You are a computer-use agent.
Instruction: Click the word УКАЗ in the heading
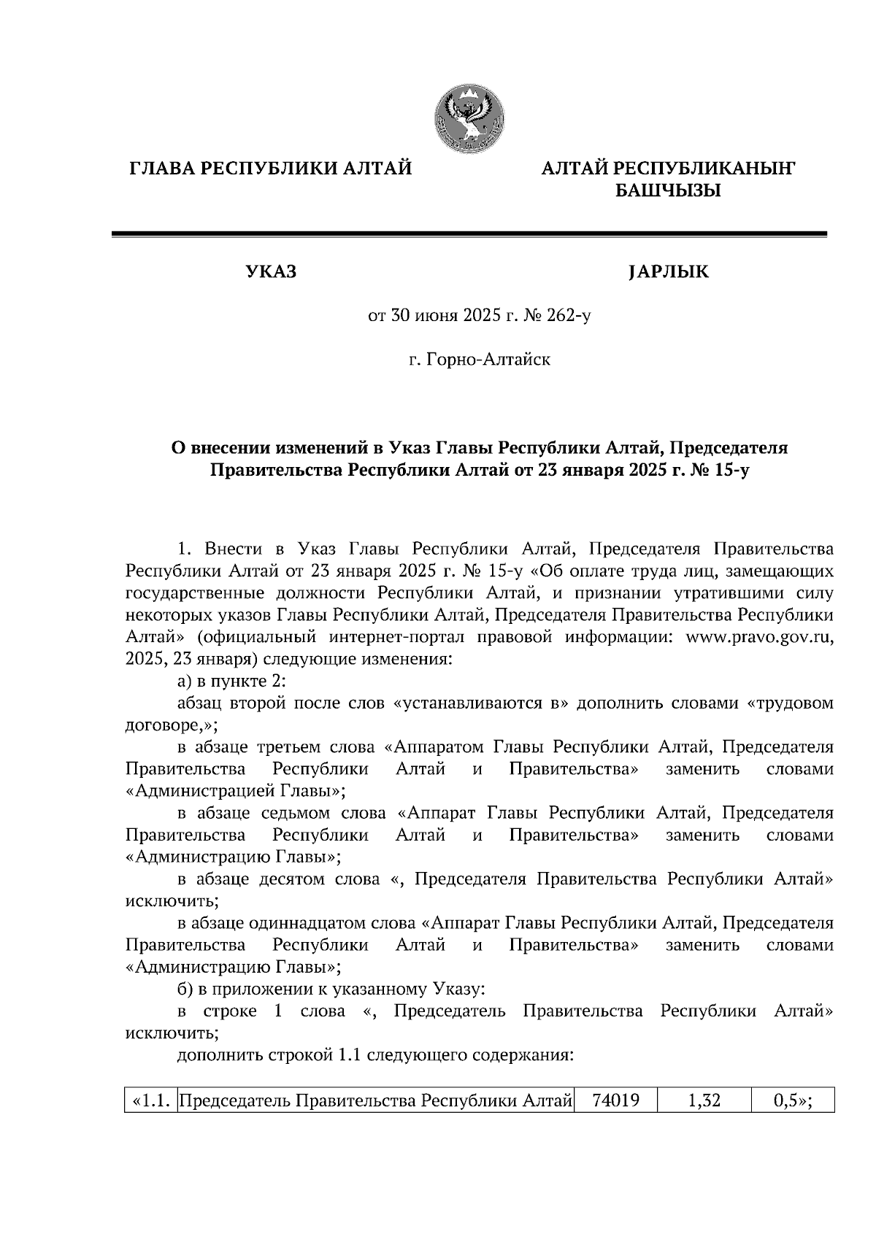click(271, 273)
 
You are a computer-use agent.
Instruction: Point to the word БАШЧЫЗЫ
click(667, 192)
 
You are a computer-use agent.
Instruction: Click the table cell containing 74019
click(616, 1100)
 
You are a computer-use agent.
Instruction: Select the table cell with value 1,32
click(704, 1100)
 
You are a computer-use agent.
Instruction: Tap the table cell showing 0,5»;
click(793, 1100)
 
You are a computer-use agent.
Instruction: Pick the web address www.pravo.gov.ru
click(759, 637)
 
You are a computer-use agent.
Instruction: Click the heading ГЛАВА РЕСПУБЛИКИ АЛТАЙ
click(271, 169)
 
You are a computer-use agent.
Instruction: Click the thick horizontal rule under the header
click(469, 234)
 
